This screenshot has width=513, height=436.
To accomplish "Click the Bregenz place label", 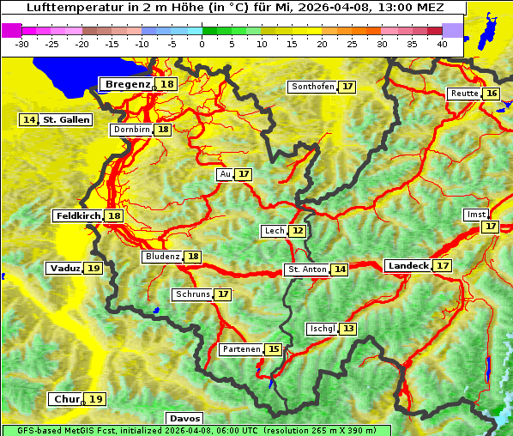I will (x=128, y=84).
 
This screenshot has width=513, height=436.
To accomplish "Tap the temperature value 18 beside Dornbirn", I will (x=163, y=130).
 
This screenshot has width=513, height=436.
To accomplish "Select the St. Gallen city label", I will (x=66, y=120).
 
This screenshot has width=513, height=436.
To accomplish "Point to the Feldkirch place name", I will (x=78, y=216).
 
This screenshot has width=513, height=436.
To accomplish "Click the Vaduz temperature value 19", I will (x=94, y=269).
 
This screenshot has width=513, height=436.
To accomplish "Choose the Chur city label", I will (x=67, y=399).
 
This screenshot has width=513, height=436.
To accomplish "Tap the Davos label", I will (x=184, y=419).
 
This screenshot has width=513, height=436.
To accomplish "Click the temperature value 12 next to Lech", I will (x=298, y=231).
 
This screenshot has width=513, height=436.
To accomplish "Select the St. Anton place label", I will (x=307, y=269).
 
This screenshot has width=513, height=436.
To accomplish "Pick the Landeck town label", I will (x=408, y=266).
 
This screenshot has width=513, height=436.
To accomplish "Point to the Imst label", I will (x=474, y=214).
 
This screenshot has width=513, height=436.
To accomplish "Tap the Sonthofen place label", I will (x=312, y=87).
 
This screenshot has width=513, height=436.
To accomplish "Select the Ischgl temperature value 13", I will (x=348, y=329).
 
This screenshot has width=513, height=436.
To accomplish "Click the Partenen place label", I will (x=239, y=349).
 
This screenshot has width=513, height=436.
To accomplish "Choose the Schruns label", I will (x=192, y=294).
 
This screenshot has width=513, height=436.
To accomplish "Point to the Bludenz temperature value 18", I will (x=194, y=257).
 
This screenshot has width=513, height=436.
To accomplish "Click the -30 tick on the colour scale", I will (x=22, y=44).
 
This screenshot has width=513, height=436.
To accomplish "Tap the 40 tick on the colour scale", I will (x=442, y=44).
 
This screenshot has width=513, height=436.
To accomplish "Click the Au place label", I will (x=225, y=174).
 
